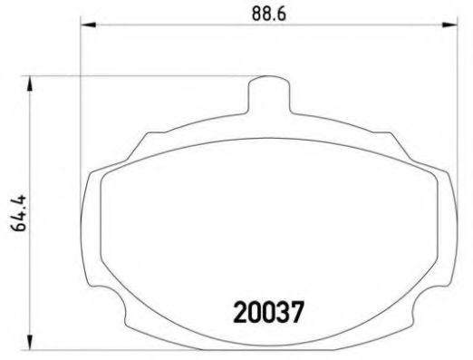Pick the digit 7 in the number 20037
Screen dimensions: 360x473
coord(294,313)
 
